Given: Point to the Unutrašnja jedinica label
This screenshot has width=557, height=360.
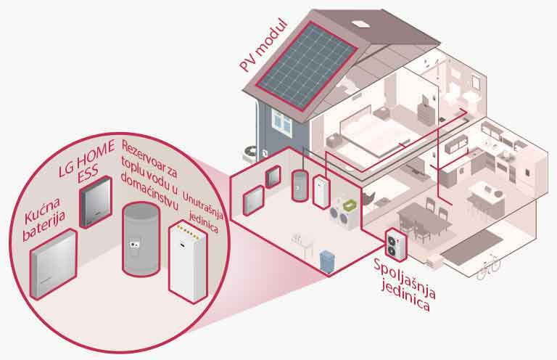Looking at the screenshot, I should coord(202,206).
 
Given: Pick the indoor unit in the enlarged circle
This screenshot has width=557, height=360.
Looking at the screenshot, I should coord(187,261).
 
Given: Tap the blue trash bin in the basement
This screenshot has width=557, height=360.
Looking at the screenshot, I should coord(327,258).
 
